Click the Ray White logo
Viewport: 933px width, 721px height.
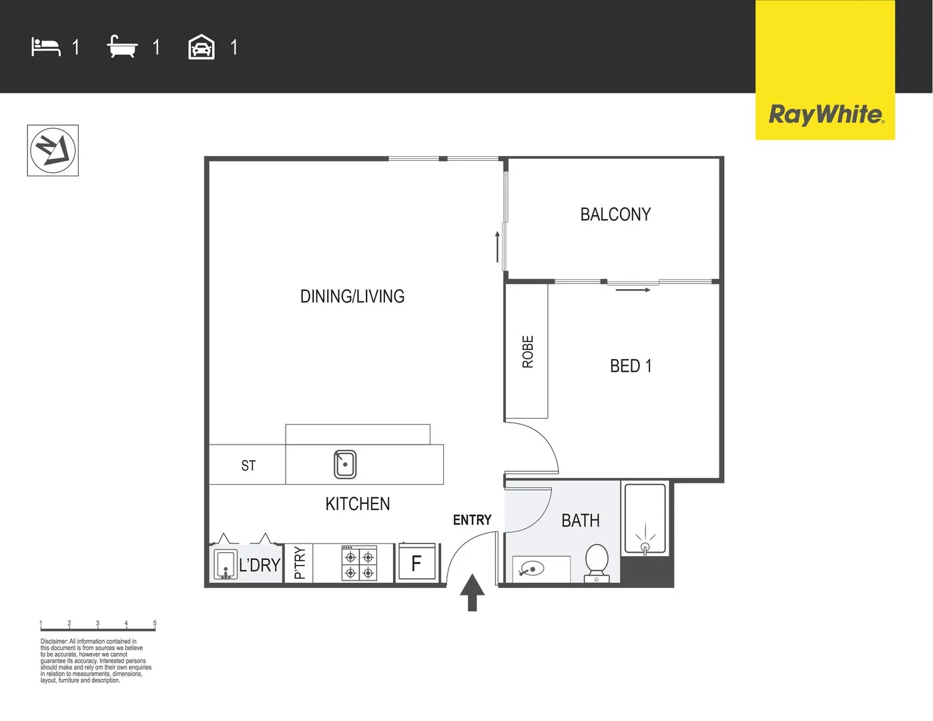click(x=825, y=114)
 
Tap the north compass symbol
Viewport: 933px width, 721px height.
click(x=53, y=151)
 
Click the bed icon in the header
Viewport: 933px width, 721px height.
click(x=46, y=47)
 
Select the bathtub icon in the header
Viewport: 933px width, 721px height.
click(x=122, y=47)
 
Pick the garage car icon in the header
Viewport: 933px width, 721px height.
click(x=202, y=47)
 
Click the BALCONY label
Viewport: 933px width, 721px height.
click(x=615, y=214)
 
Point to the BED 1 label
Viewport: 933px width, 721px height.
click(x=631, y=366)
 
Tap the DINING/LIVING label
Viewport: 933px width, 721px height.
click(x=352, y=296)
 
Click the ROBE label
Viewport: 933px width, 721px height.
click(x=528, y=352)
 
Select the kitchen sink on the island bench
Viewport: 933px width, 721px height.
click(x=345, y=464)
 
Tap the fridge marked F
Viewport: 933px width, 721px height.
click(x=416, y=563)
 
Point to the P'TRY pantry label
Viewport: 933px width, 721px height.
click(x=300, y=563)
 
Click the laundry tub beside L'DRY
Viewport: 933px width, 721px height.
click(x=226, y=564)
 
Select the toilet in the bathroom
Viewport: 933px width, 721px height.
click(x=597, y=562)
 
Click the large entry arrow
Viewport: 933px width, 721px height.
click(x=473, y=592)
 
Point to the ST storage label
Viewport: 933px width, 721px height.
click(x=248, y=465)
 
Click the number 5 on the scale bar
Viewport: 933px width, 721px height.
click(x=155, y=624)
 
